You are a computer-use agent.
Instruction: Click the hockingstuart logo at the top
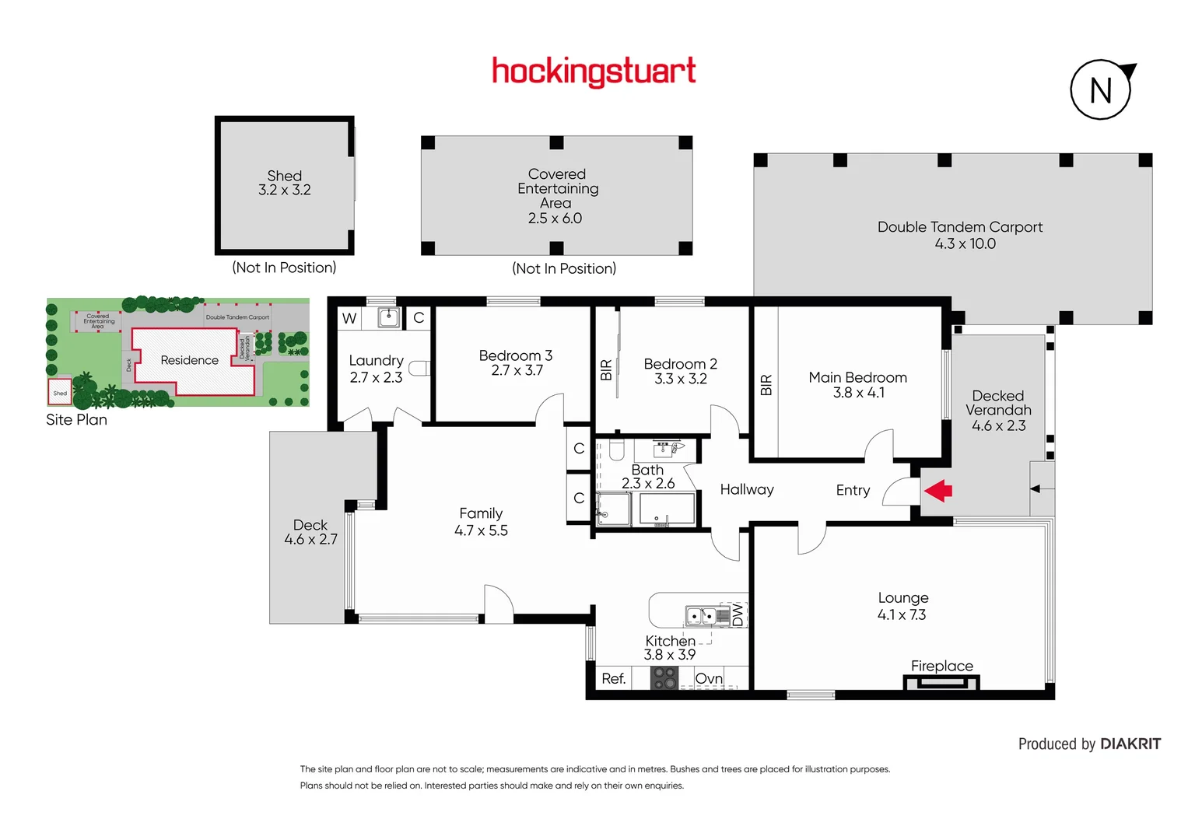point(594,72)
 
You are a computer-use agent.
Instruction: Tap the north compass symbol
point(1101,90)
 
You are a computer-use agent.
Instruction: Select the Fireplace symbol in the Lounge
point(941,683)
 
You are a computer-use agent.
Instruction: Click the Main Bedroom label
point(857,377)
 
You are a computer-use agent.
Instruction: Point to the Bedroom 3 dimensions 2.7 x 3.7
point(517,371)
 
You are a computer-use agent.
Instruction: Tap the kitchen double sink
point(700,616)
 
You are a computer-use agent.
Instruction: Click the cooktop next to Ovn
point(664,678)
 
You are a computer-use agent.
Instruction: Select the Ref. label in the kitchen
point(613,678)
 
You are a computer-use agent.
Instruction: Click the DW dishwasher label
point(738,615)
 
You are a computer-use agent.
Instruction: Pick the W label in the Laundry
point(349,318)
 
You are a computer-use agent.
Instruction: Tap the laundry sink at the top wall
point(389,317)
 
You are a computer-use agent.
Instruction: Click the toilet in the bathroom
point(616,450)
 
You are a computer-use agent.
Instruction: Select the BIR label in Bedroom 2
point(606,369)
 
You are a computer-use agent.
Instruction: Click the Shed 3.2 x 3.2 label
point(285,183)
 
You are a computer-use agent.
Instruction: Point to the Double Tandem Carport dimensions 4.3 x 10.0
point(965,243)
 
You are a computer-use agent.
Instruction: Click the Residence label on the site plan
point(189,360)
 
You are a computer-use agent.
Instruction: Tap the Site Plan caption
point(76,419)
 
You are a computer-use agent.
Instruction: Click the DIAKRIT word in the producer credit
point(1130,744)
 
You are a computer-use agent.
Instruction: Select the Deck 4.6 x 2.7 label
point(310,532)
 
